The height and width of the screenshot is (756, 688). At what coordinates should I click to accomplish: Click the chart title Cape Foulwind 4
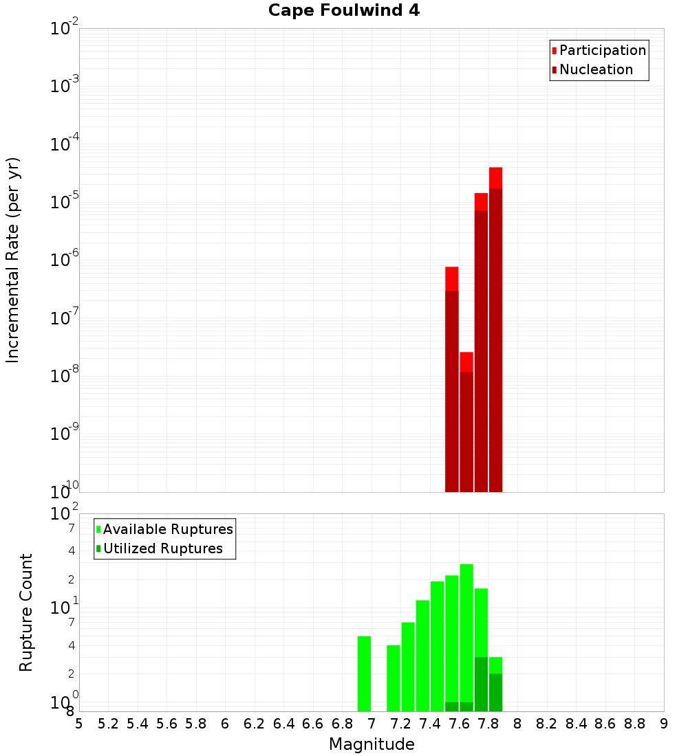[344, 11]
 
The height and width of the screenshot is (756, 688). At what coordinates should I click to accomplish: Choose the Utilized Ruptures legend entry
[162, 548]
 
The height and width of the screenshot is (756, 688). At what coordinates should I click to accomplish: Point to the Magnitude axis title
[372, 744]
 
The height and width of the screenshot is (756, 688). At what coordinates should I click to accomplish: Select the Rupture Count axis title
[26, 612]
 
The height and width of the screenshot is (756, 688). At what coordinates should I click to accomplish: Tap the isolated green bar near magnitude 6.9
[364, 674]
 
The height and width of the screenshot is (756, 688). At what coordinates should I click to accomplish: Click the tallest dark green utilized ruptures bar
[481, 684]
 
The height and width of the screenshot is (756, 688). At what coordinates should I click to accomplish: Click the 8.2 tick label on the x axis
[547, 724]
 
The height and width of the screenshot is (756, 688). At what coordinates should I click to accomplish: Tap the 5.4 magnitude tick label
[138, 724]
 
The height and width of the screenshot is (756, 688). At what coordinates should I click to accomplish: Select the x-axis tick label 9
[664, 724]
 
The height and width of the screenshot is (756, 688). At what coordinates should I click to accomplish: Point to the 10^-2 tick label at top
[65, 29]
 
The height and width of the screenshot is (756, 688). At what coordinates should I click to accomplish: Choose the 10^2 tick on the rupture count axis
[65, 515]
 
